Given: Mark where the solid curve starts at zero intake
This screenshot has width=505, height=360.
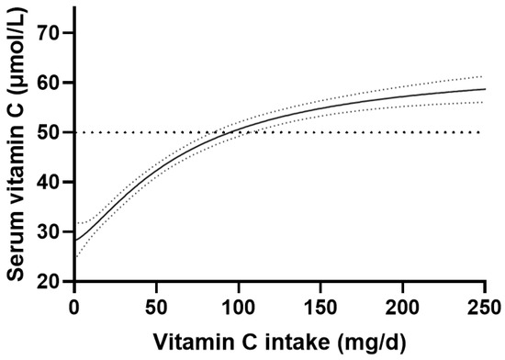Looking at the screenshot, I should coord(74,241).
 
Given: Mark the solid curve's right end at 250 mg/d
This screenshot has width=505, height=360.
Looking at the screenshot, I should coord(485,89).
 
